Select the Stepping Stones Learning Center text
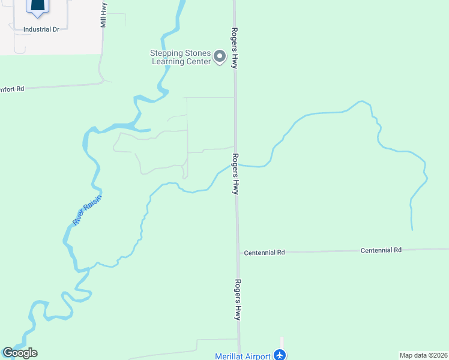[x=180, y=56]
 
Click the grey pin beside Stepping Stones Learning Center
[x=220, y=58]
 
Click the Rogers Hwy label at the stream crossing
[x=237, y=174]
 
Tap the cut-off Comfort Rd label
[x=12, y=89]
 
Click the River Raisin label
[x=88, y=210]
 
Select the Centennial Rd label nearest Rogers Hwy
[x=264, y=253]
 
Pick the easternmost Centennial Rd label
[x=381, y=250]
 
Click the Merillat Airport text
[x=243, y=356]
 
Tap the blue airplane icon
[x=280, y=355]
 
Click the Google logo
[x=20, y=353]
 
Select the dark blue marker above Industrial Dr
[x=37, y=6]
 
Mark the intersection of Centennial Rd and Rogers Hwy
[x=238, y=253]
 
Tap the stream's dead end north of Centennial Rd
[x=412, y=229]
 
